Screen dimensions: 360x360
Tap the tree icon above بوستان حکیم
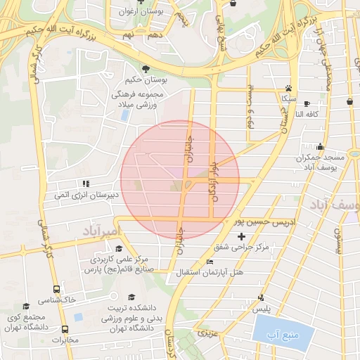(x=145, y=69)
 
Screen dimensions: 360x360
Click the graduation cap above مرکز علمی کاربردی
(x=120, y=250)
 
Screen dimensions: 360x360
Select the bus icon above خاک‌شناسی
(x=57, y=288)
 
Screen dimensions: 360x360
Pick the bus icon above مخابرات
(x=65, y=329)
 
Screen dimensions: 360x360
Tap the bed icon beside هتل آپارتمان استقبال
(x=209, y=262)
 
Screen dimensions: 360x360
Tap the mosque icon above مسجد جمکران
(x=321, y=147)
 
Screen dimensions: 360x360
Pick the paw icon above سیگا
(x=288, y=89)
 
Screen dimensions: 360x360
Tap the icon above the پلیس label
(x=262, y=297)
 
